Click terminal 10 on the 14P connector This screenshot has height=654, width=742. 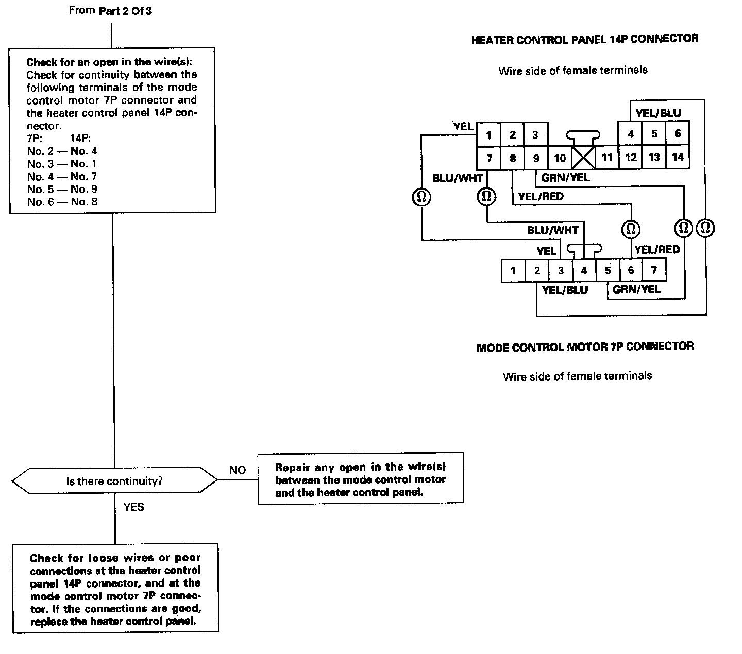560,158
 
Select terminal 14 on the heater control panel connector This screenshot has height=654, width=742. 678,157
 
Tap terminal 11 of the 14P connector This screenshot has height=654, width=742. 607,157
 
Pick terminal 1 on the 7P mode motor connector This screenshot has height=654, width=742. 513,271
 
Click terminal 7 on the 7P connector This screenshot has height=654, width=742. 654,270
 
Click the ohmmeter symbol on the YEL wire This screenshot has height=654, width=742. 422,197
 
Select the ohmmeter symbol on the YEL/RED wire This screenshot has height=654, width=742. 631,228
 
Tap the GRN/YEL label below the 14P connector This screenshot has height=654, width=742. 565,178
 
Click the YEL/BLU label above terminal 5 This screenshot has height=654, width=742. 658,113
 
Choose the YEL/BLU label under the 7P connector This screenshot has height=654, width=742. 565,290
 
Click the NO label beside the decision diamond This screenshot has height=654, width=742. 238,470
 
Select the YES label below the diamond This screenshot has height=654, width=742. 133,507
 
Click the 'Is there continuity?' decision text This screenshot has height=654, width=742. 114,481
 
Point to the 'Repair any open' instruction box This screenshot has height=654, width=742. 360,479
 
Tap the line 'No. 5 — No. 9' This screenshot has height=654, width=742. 62,189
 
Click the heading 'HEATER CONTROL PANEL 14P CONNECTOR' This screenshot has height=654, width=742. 585,39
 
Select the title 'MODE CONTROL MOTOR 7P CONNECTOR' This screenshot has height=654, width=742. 585,347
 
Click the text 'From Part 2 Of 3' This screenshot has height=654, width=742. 110,10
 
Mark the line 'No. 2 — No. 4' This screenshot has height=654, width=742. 62,151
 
